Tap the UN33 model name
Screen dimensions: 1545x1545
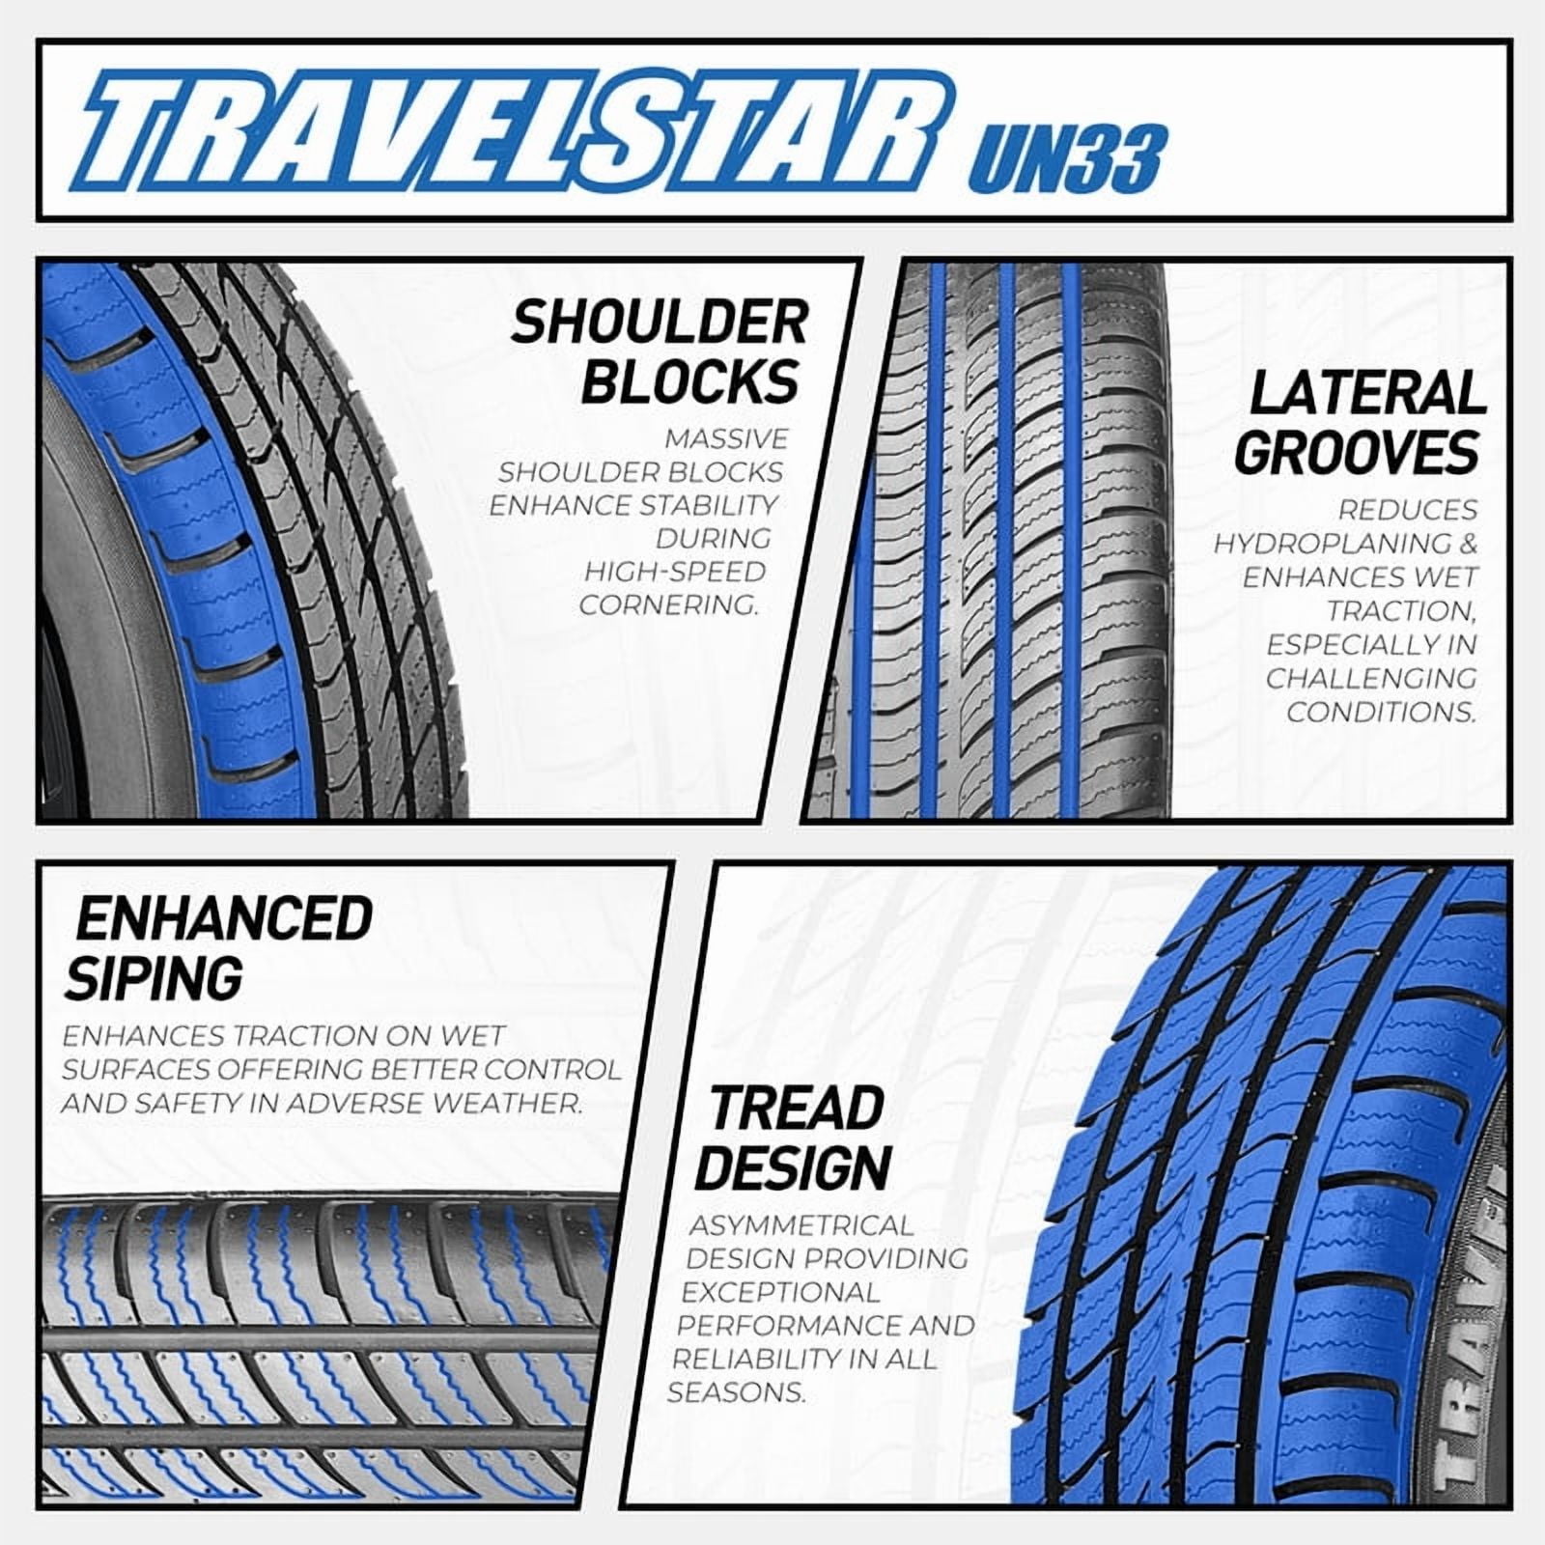click(x=1065, y=157)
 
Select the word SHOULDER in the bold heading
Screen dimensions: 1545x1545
click(x=660, y=323)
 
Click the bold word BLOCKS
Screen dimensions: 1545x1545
click(x=690, y=381)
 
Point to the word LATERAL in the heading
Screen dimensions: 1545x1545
click(x=1367, y=394)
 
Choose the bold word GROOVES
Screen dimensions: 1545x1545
click(x=1358, y=452)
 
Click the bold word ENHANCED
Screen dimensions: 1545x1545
click(x=224, y=918)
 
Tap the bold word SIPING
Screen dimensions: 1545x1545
click(x=154, y=977)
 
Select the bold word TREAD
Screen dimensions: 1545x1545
click(x=797, y=1109)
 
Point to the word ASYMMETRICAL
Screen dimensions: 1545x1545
click(x=801, y=1225)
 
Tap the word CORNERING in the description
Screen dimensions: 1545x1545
click(x=668, y=605)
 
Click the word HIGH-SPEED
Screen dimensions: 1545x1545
click(x=674, y=572)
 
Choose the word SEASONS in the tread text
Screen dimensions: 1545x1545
click(x=736, y=1392)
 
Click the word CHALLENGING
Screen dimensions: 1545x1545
click(x=1371, y=679)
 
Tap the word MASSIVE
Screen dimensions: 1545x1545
click(x=726, y=438)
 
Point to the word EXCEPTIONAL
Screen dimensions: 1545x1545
click(x=780, y=1292)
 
